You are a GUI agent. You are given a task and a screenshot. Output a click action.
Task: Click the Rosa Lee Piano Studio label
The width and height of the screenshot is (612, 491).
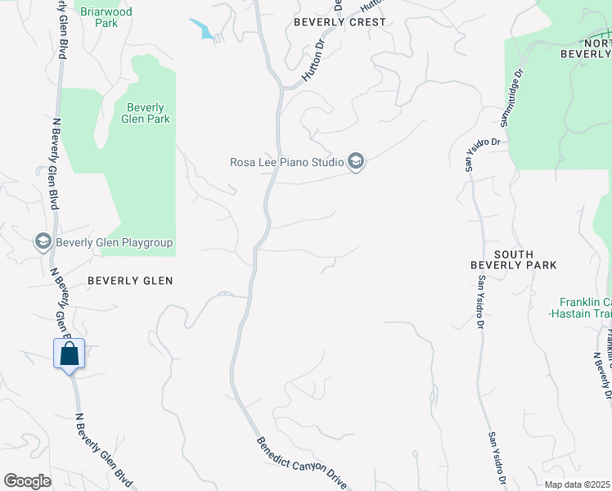[x=286, y=162]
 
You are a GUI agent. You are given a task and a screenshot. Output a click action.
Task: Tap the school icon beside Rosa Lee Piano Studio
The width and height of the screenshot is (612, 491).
[x=355, y=162]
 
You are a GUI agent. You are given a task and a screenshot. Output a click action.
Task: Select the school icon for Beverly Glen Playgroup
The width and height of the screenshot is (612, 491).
[x=43, y=241]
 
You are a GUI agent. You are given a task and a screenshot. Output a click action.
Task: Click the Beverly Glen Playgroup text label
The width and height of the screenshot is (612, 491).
[x=115, y=242]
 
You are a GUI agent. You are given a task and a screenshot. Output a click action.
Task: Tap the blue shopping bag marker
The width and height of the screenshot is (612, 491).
[x=70, y=355]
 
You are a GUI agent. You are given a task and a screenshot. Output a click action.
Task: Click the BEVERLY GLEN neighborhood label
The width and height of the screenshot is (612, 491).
[x=130, y=281]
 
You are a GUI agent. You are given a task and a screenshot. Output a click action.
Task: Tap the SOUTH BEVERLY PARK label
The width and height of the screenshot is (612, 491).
[x=514, y=259]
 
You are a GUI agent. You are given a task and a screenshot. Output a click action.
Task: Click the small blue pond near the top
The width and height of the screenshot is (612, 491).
[x=203, y=29]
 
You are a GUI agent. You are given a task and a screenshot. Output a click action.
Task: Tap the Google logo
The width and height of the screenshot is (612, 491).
[x=27, y=481]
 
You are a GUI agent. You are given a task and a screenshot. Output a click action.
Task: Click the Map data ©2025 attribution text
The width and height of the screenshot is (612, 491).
[x=577, y=484]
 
